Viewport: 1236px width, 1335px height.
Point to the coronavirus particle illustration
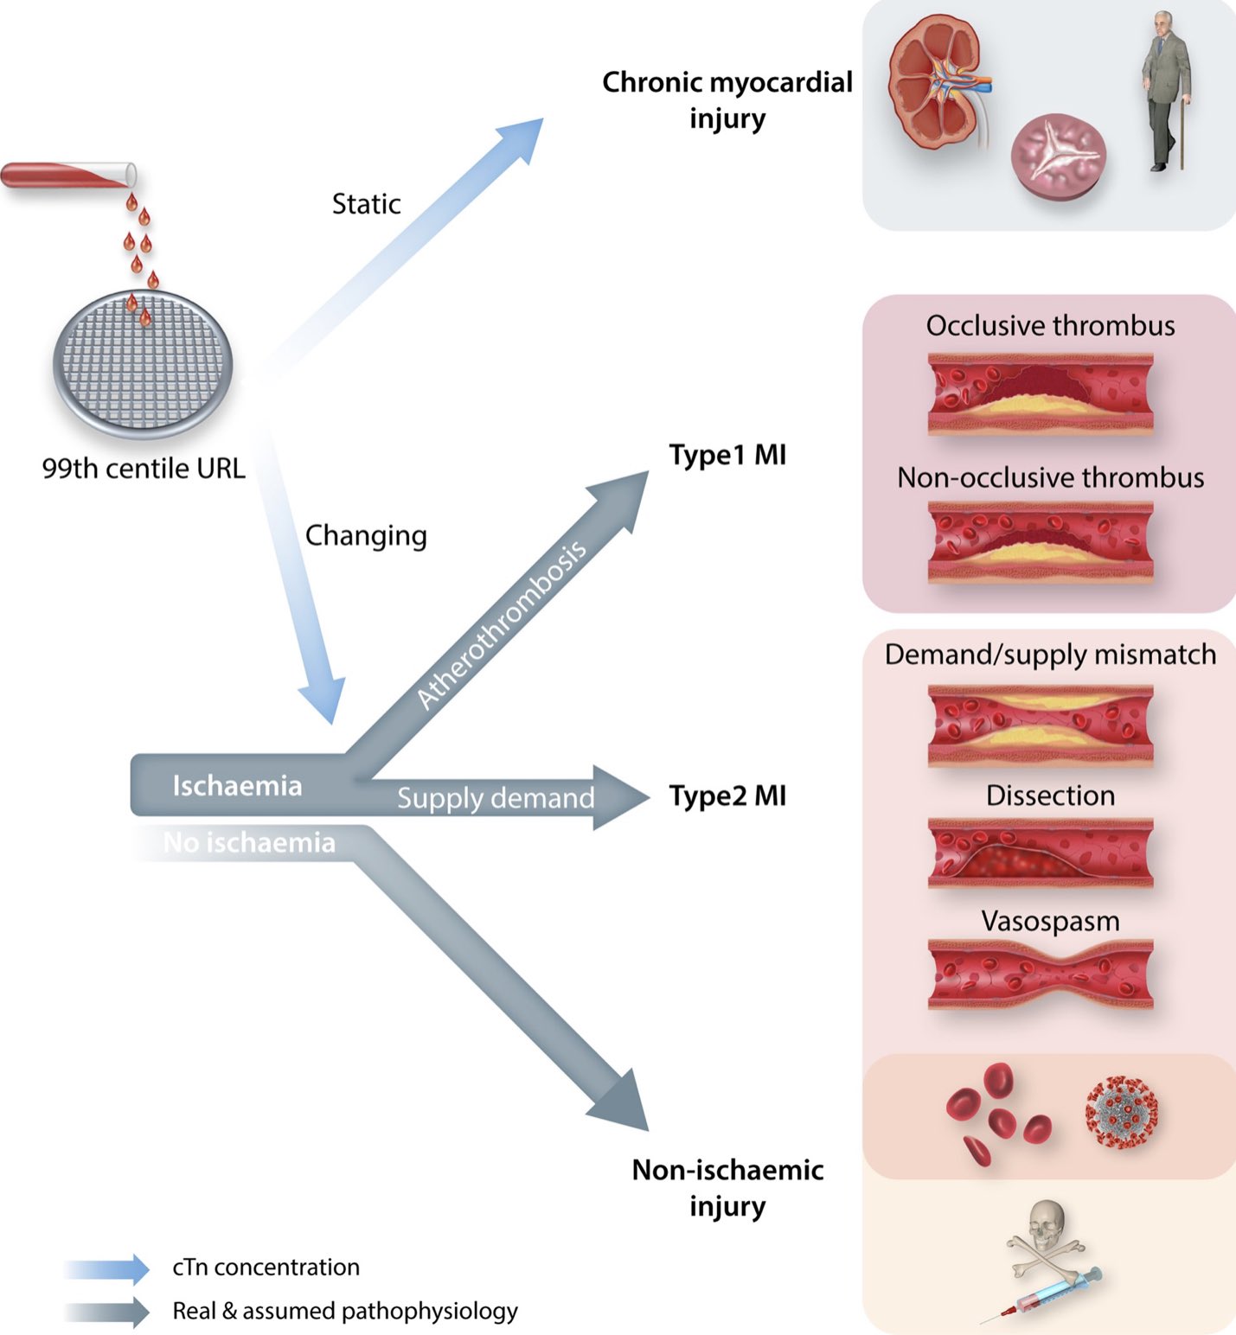1122,1112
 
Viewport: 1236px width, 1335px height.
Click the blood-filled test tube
67,175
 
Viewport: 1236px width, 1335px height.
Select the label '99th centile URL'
144,469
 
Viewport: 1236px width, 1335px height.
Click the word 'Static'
366,204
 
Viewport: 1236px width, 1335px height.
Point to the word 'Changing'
366,536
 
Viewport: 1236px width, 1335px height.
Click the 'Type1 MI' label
727,455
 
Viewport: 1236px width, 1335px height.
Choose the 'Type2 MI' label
727,795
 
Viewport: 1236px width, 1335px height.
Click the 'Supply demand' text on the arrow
496,798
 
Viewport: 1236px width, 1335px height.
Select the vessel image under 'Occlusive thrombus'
1040,393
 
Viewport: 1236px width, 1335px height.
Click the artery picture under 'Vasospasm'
1040,974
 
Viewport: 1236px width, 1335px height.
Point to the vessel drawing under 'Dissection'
1040,853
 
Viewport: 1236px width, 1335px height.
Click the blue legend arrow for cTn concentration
107,1268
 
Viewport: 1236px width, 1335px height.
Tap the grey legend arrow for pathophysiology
107,1312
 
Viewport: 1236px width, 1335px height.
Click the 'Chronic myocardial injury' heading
727,100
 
